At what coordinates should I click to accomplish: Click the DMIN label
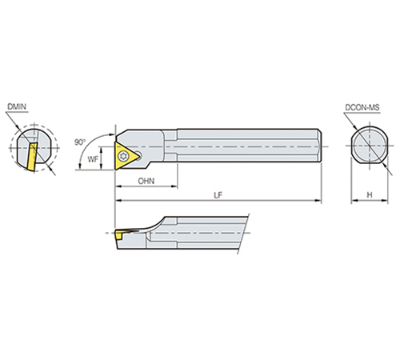[17, 106]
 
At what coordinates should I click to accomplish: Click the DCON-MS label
[362, 107]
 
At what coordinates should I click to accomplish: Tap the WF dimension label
[93, 159]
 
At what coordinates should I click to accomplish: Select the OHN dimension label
[146, 181]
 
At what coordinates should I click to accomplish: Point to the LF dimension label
[218, 195]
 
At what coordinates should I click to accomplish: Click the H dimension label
[370, 195]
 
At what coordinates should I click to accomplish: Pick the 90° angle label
[80, 142]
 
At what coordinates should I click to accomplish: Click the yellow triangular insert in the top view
[125, 156]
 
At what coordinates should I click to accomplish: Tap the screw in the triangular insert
[124, 155]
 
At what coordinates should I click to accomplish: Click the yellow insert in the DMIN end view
[31, 157]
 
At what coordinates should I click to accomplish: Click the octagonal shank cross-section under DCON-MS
[370, 146]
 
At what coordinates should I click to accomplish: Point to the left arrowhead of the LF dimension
[118, 200]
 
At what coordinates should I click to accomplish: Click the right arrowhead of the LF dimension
[318, 200]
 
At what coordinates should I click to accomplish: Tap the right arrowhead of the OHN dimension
[174, 186]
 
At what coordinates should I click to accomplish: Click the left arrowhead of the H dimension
[354, 200]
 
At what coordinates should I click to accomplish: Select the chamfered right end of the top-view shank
[319, 146]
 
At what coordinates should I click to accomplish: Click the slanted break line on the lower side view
[243, 234]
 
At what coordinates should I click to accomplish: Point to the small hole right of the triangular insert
[138, 154]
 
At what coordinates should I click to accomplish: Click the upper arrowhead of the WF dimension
[101, 149]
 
